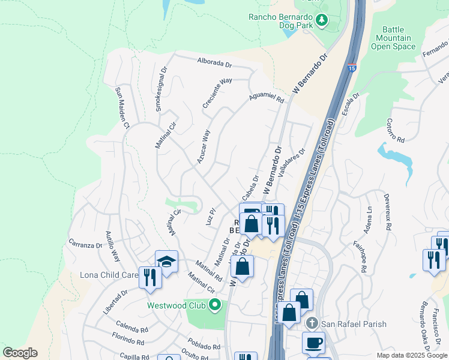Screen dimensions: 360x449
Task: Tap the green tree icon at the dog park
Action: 322,21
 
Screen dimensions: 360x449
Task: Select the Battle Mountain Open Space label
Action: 398,37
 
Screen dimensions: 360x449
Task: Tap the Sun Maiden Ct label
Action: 122,108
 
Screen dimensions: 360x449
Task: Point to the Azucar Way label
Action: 203,147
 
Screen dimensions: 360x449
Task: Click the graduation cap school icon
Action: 166,261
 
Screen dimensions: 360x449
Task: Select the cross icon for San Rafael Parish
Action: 311,324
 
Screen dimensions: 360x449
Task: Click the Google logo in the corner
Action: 20,353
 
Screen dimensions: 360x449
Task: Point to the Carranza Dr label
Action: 85,245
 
